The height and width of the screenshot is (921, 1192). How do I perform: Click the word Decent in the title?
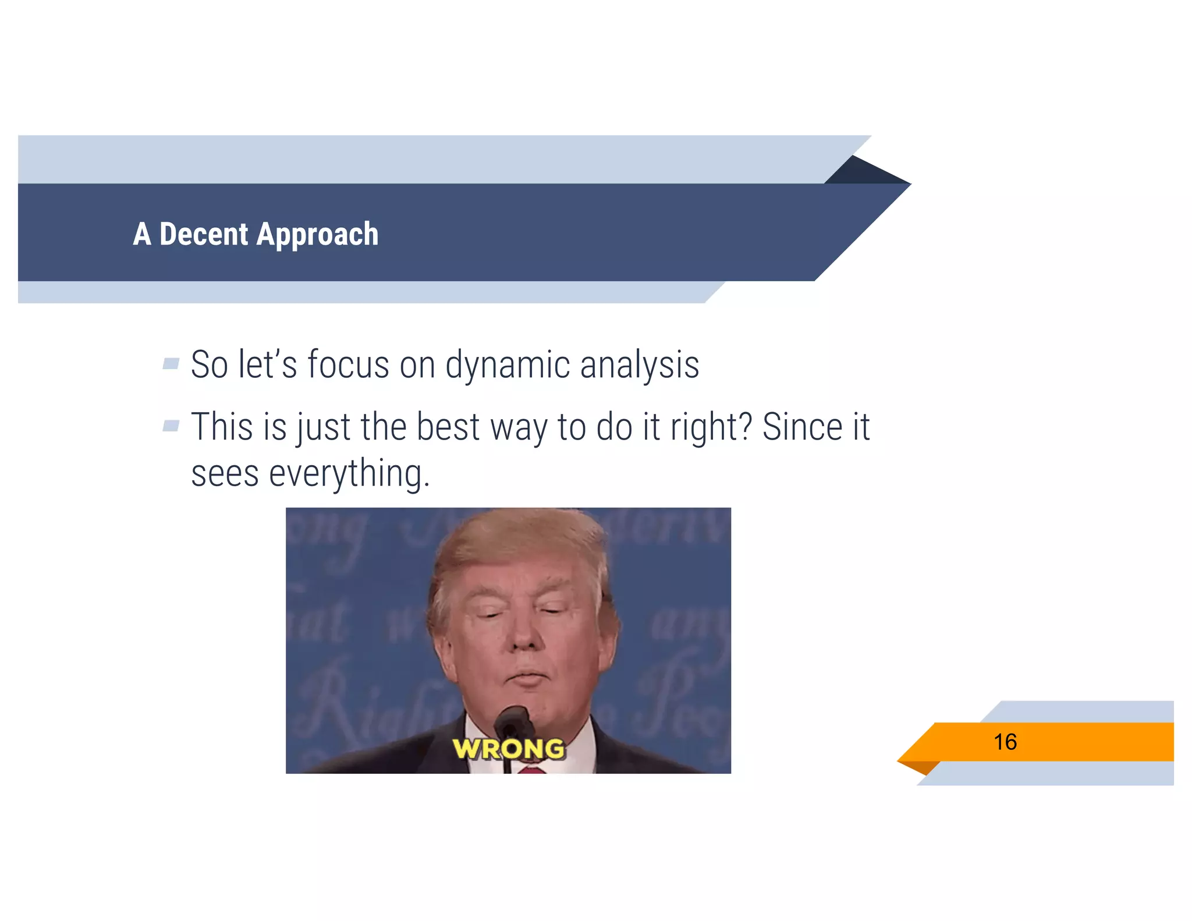pyautogui.click(x=203, y=234)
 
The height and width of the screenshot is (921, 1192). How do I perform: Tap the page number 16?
pyautogui.click(x=1005, y=742)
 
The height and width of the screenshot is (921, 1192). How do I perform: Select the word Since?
pyautogui.click(x=802, y=427)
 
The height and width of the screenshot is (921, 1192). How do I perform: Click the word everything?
pyautogui.click(x=349, y=474)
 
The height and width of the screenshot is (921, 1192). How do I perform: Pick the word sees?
pyautogui.click(x=225, y=474)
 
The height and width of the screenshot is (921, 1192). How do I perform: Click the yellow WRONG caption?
pyautogui.click(x=508, y=749)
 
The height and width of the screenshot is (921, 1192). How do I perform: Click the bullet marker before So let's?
pyautogui.click(x=171, y=364)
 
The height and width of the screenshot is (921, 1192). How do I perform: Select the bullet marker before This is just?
pyautogui.click(x=171, y=426)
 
